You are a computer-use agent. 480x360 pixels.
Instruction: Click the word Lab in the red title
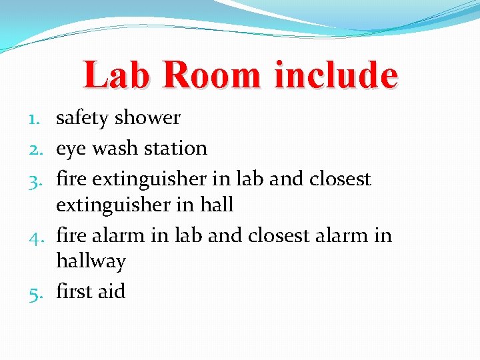[117, 75]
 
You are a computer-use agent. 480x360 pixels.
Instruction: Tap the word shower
[147, 118]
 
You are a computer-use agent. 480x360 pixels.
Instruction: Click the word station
[175, 148]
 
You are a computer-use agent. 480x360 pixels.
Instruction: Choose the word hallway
[91, 262]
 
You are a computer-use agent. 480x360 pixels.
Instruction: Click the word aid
[111, 291]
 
